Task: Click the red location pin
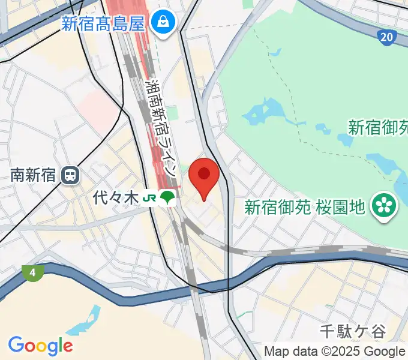[204, 175]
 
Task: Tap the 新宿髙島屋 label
[103, 24]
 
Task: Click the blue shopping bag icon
[162, 23]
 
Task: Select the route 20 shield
[388, 37]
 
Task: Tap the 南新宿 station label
[33, 175]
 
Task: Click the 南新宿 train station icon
[71, 175]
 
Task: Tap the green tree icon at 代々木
[169, 197]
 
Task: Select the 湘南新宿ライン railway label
[161, 127]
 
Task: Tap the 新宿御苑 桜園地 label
[304, 207]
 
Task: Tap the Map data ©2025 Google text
[334, 352]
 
